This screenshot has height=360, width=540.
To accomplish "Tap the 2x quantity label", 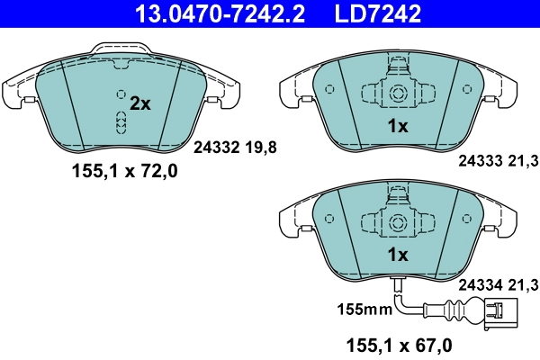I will [x=139, y=103].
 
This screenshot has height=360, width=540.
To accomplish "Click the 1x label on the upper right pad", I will [x=397, y=127].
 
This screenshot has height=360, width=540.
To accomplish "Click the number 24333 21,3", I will [x=497, y=161].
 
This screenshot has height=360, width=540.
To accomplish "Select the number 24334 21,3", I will [x=497, y=285].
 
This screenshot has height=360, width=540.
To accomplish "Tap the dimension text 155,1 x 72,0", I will [x=125, y=173].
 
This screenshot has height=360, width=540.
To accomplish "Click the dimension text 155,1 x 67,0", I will [x=400, y=345].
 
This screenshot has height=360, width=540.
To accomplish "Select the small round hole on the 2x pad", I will [x=119, y=94].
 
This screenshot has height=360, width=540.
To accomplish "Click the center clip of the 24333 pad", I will [x=396, y=93].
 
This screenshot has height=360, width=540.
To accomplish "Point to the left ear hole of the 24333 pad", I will [x=329, y=89].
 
